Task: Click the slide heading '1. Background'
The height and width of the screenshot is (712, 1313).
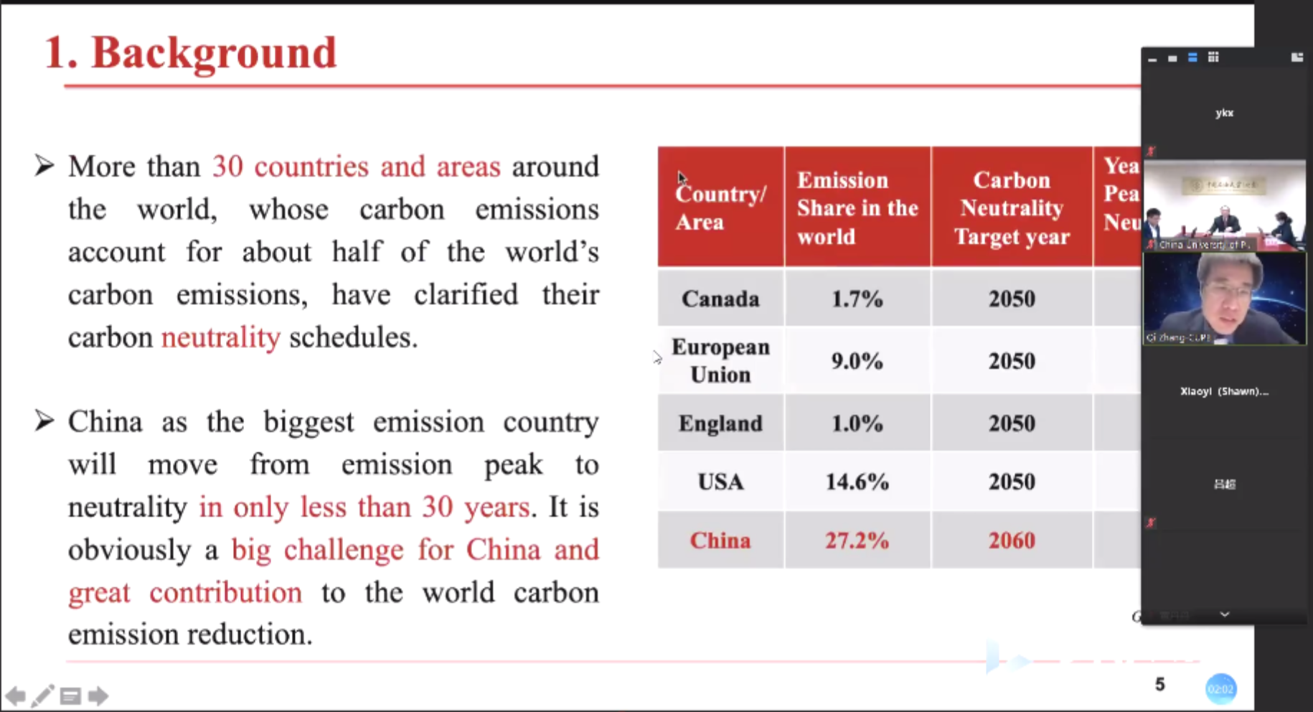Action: click(x=190, y=52)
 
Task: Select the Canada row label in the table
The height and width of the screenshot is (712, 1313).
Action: click(x=720, y=299)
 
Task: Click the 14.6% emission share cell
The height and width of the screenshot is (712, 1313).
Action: click(x=857, y=482)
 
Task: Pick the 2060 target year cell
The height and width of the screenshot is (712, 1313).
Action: click(x=1012, y=540)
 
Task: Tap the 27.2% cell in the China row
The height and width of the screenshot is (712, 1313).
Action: click(x=857, y=540)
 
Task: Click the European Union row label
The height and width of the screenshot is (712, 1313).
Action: click(x=720, y=360)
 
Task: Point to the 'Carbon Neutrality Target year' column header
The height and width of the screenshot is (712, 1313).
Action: click(x=1012, y=208)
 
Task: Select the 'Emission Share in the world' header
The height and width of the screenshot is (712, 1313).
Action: click(x=857, y=208)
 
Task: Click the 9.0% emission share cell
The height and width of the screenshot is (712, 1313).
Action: click(x=857, y=360)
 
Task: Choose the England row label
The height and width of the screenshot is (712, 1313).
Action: click(x=720, y=423)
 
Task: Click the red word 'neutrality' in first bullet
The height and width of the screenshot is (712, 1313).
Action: click(x=220, y=337)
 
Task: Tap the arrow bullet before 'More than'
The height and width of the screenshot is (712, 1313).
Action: click(x=44, y=166)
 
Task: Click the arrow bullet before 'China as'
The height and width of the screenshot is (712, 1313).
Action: click(x=44, y=421)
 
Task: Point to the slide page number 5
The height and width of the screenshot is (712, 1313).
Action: click(x=1159, y=685)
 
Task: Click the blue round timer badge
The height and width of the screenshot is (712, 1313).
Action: click(x=1220, y=689)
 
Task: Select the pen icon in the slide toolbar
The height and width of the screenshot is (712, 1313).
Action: click(x=42, y=695)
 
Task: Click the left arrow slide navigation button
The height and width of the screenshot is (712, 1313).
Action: click(x=15, y=695)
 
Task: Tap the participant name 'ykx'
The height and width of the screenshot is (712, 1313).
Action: click(x=1224, y=113)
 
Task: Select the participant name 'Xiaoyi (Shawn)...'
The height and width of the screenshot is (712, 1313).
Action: click(x=1224, y=391)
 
